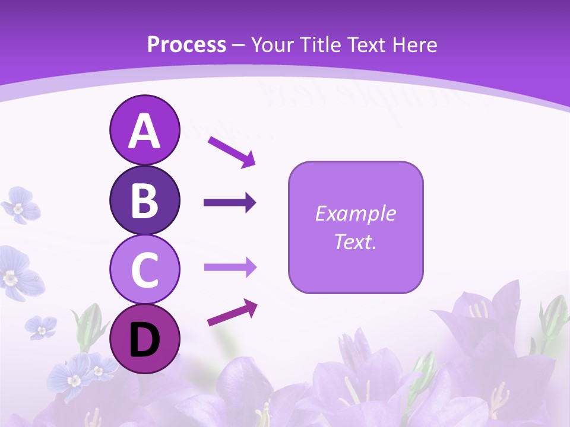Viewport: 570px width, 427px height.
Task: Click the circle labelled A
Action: (x=144, y=130)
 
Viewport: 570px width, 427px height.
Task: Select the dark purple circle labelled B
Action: (x=144, y=200)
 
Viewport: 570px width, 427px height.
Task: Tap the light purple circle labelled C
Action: (x=144, y=269)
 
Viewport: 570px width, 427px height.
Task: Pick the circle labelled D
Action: (x=144, y=339)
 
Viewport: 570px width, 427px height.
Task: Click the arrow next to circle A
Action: (x=232, y=151)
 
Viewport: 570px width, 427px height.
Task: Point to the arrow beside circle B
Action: (x=230, y=203)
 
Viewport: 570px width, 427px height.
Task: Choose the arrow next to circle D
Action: (x=232, y=313)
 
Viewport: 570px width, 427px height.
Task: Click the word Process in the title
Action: (x=186, y=45)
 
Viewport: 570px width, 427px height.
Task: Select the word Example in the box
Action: (x=355, y=213)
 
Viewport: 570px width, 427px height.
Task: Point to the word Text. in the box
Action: (x=355, y=241)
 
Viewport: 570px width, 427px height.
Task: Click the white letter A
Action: (x=144, y=131)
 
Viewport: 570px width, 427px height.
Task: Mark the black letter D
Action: (x=144, y=340)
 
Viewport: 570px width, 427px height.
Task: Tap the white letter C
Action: (x=144, y=270)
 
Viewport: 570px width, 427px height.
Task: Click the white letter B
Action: (x=144, y=200)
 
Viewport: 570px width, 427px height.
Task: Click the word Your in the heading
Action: (x=273, y=45)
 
